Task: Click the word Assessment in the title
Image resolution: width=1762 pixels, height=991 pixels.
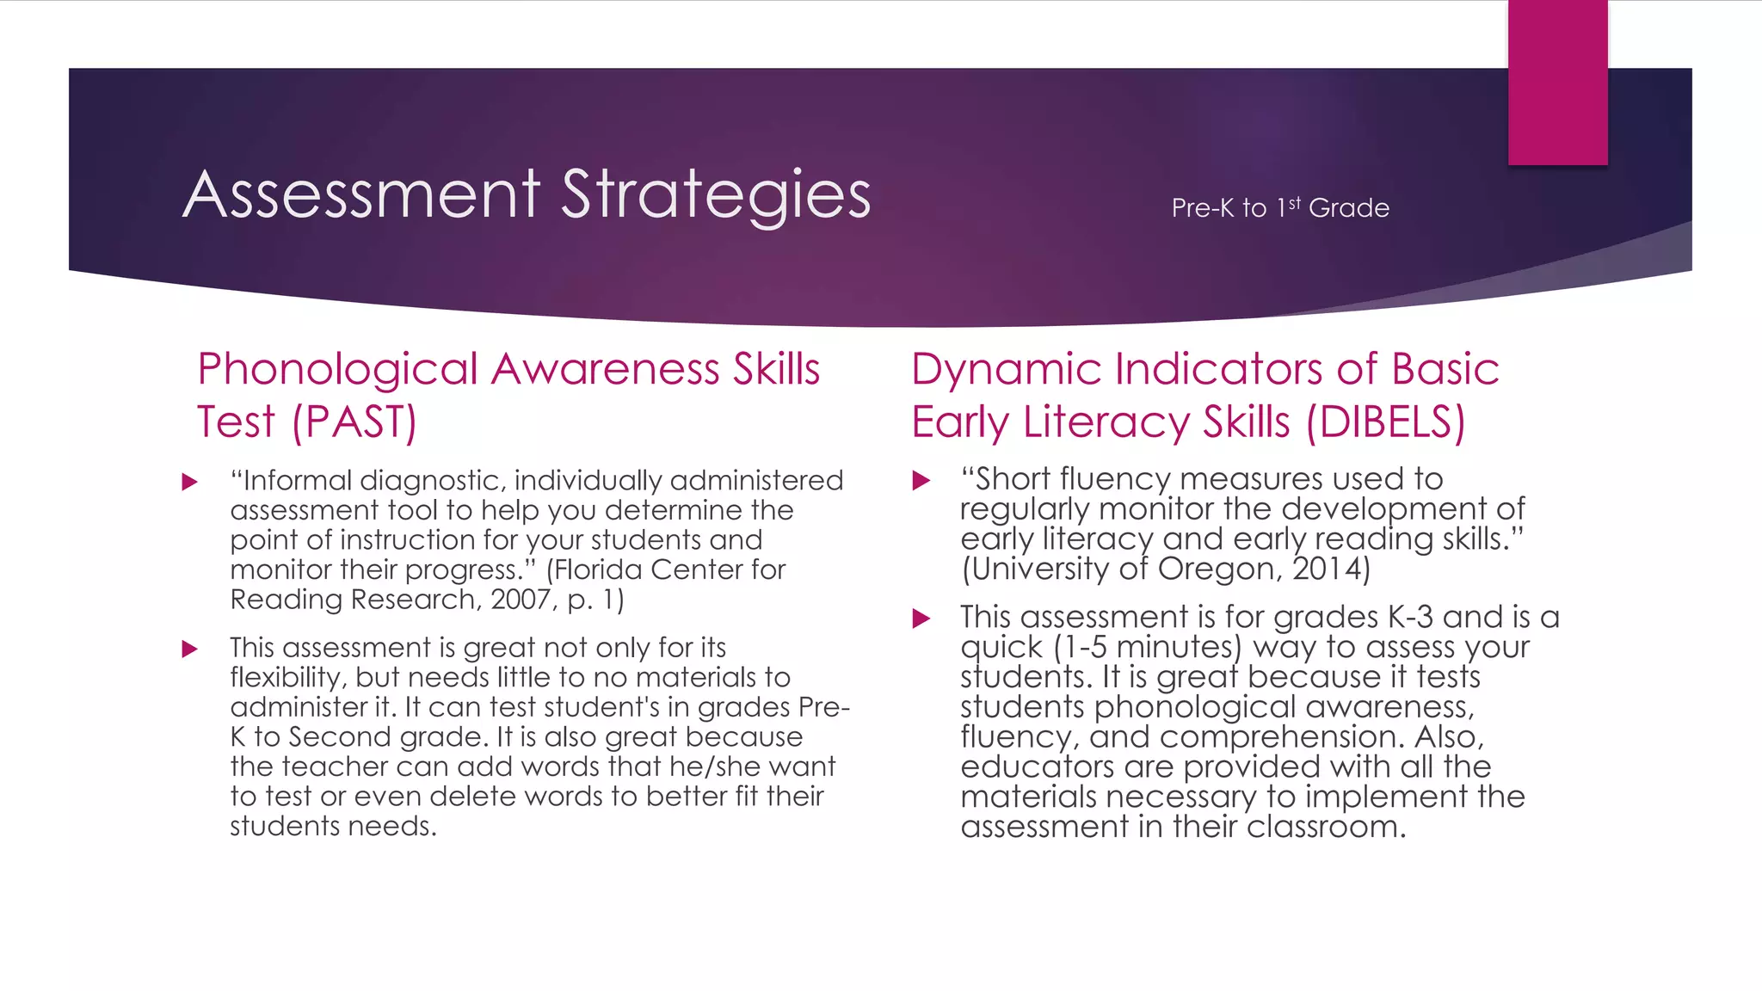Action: (x=362, y=194)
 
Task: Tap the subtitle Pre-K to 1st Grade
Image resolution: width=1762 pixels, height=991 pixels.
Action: (x=1279, y=208)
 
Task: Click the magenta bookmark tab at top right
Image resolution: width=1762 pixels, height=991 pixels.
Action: (x=1557, y=83)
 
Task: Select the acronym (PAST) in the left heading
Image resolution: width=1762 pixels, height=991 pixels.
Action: (x=354, y=422)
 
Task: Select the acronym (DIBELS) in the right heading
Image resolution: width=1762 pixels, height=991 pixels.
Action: (x=1385, y=422)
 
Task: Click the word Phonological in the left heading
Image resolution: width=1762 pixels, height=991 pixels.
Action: (x=337, y=370)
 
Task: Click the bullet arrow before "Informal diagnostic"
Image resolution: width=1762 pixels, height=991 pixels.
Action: (x=190, y=482)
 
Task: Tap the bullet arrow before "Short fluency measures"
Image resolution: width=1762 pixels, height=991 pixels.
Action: (x=921, y=480)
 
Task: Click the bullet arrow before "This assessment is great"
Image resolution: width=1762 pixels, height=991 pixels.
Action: (x=190, y=649)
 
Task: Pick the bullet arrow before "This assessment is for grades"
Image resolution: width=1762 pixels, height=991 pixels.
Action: (x=921, y=618)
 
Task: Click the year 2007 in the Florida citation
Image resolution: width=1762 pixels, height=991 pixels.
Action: (x=520, y=600)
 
